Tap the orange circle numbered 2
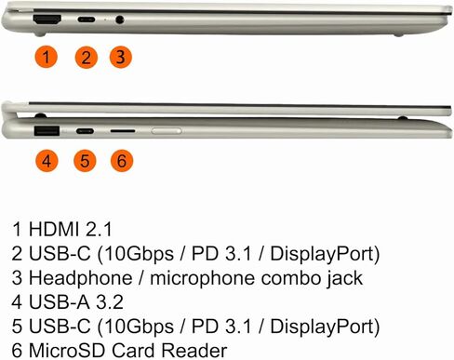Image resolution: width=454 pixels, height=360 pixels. click(x=86, y=57)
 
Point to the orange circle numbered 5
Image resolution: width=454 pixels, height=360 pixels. click(x=86, y=161)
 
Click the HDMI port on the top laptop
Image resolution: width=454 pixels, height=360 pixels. click(x=47, y=19)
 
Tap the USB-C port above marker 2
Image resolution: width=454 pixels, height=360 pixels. click(x=86, y=20)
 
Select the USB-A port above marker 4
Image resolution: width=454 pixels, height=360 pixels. click(x=46, y=130)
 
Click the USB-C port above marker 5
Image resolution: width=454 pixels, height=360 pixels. click(x=86, y=131)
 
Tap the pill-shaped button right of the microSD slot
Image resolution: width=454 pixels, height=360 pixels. click(x=167, y=131)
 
